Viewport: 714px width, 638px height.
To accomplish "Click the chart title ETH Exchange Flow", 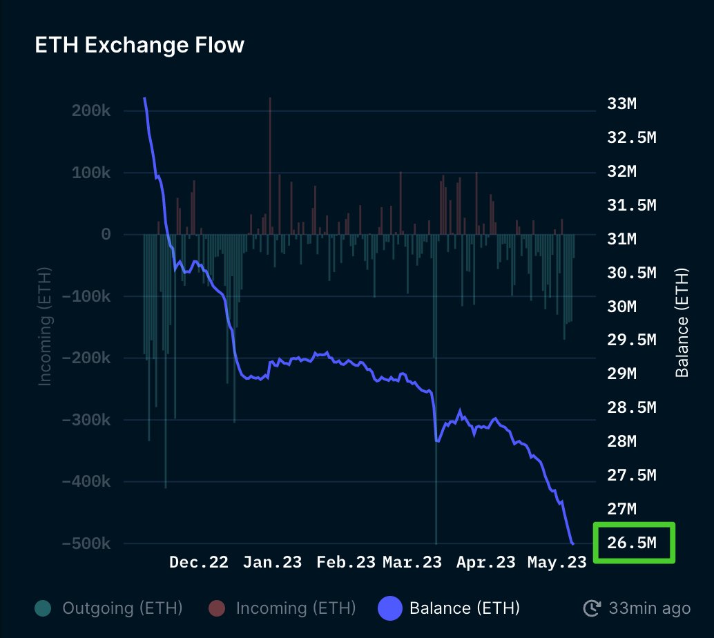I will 139,46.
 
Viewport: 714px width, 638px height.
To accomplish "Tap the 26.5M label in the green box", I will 632,543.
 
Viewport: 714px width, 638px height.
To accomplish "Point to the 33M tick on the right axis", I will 621,104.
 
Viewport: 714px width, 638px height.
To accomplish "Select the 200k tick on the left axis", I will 91,111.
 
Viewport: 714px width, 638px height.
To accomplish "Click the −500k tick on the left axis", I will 86,543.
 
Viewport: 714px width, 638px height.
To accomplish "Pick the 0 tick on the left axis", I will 106,235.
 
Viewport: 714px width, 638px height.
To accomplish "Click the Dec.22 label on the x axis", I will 199,562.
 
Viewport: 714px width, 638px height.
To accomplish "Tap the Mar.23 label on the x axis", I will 412,562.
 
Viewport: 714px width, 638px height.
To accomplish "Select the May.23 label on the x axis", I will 557,562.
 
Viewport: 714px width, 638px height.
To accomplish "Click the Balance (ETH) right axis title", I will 682,322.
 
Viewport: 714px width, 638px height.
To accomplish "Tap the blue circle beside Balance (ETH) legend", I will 389,608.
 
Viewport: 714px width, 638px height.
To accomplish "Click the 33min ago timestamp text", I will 649,608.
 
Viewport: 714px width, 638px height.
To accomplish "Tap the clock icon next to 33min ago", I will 592,608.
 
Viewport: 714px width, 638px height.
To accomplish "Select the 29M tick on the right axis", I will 621,374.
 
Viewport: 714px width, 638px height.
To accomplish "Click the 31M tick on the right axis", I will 621,239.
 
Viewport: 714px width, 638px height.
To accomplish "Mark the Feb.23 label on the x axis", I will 346,562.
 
